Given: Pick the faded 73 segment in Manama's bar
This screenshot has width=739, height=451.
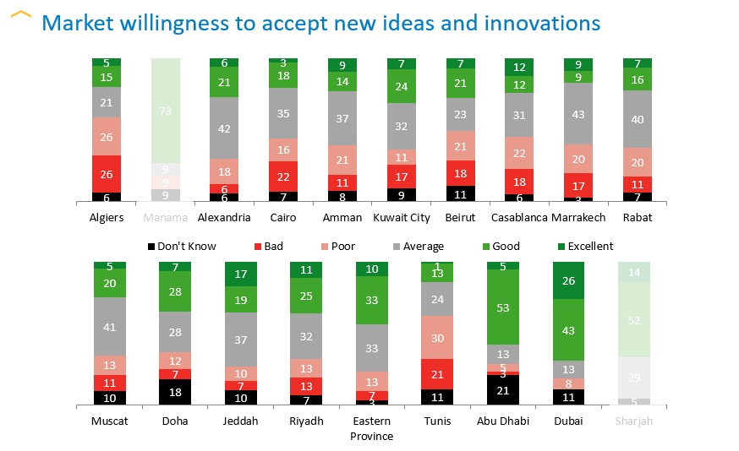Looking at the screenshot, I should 166,111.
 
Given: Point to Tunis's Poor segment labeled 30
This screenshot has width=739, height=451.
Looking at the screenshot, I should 437,337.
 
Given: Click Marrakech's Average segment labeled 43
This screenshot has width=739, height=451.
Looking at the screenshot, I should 579,114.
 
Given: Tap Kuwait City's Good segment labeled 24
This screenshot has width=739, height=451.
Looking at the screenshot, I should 402,86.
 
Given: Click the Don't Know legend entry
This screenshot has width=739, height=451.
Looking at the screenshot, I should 181,247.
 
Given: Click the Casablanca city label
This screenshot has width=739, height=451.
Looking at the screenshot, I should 519,217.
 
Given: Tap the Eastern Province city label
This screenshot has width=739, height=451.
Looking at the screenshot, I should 371,427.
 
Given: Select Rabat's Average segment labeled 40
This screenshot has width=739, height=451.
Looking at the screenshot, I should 638,119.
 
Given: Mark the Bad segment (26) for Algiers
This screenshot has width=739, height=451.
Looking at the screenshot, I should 107,174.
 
